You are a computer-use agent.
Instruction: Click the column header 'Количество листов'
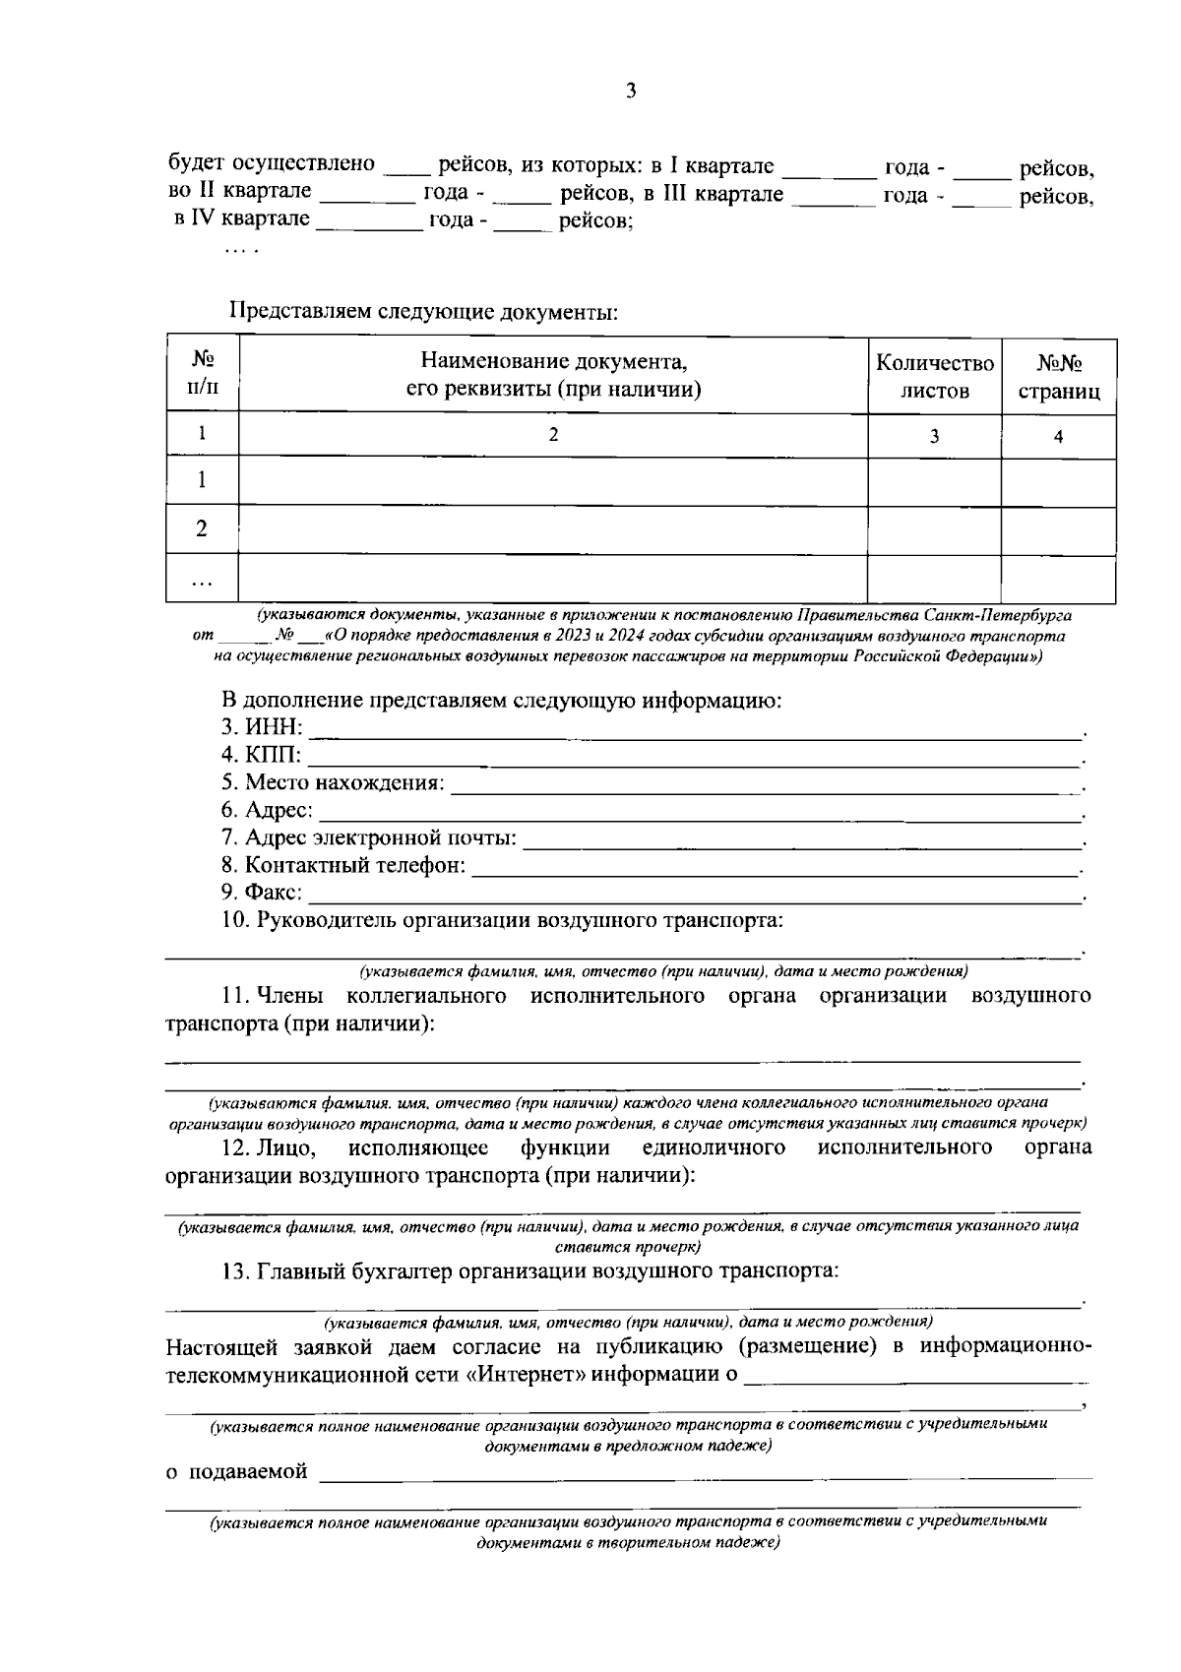[x=934, y=377]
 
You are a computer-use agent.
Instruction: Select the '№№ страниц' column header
[x=1058, y=377]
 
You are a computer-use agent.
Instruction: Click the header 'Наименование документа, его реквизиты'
[x=553, y=375]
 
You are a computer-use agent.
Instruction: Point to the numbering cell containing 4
[x=1058, y=437]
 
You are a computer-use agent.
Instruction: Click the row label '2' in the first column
[x=202, y=529]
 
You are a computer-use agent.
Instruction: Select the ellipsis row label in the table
[x=202, y=581]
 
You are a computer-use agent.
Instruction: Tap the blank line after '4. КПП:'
[x=694, y=758]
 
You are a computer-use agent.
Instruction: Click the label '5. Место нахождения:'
[x=333, y=783]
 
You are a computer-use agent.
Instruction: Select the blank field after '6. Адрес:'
[x=699, y=812]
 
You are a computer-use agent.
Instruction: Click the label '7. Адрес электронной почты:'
[x=369, y=838]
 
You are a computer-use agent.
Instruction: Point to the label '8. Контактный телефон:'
[x=343, y=866]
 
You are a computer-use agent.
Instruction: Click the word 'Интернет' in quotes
[x=526, y=1374]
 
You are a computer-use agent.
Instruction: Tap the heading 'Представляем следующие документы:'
[x=424, y=312]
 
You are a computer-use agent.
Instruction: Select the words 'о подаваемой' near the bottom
[x=236, y=1472]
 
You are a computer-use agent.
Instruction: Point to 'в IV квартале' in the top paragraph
[x=242, y=218]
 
